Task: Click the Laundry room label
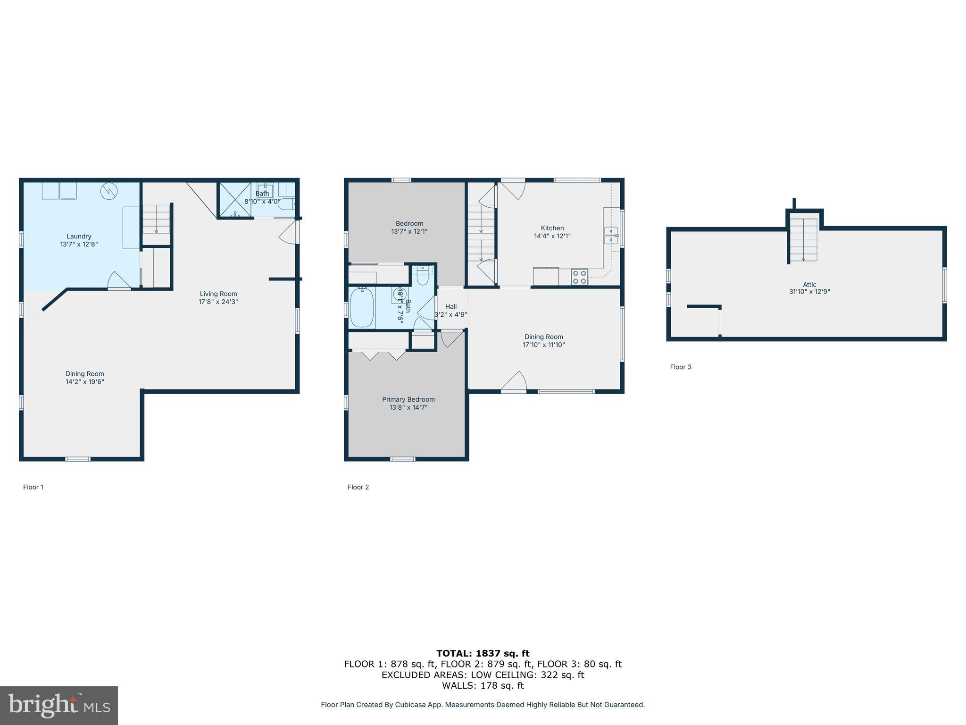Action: (79, 236)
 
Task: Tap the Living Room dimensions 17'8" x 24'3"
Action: (218, 302)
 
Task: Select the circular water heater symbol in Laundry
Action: (109, 191)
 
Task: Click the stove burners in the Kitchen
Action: (580, 277)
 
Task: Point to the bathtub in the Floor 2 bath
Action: (362, 307)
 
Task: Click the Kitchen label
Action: (552, 228)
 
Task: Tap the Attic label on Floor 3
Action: (809, 284)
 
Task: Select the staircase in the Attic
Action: (803, 239)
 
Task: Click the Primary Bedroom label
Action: (408, 399)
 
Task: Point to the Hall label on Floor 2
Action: (451, 306)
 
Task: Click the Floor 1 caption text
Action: (33, 487)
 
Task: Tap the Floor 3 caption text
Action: (681, 367)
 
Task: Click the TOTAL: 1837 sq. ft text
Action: (483, 653)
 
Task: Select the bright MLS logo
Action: (59, 705)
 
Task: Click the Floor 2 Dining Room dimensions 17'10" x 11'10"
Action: (544, 345)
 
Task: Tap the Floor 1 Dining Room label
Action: (85, 373)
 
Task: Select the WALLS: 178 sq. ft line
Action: (483, 685)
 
